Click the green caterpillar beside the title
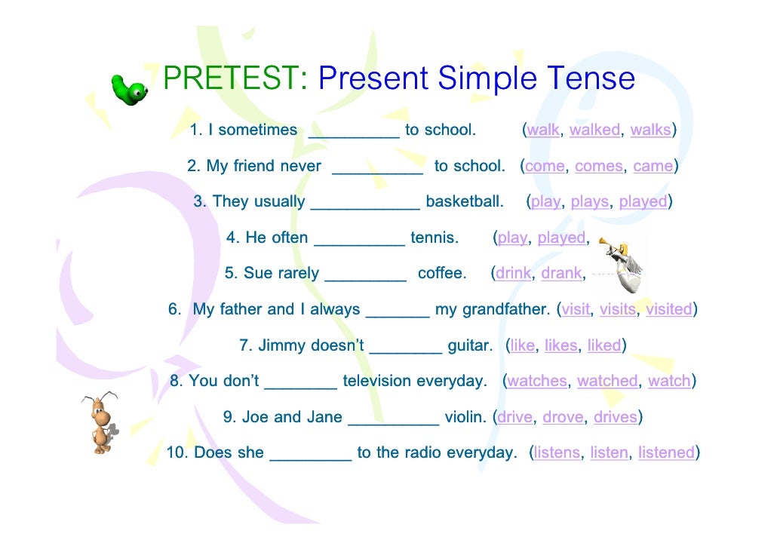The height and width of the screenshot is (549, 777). (129, 89)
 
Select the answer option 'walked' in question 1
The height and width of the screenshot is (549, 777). (594, 130)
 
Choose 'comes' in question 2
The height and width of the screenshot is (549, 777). (599, 167)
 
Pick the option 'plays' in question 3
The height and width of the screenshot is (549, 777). (589, 202)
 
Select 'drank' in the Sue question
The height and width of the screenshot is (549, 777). (561, 274)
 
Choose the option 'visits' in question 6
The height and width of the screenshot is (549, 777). (618, 309)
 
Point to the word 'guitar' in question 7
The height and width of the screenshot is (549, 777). (470, 345)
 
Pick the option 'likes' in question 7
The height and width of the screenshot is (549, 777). (560, 345)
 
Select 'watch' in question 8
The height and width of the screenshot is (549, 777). (669, 382)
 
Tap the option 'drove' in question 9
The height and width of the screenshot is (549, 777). (563, 417)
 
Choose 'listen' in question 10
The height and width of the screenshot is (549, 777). (609, 453)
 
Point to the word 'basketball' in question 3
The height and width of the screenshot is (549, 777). (465, 202)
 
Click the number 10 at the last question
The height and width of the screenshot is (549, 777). (177, 453)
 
